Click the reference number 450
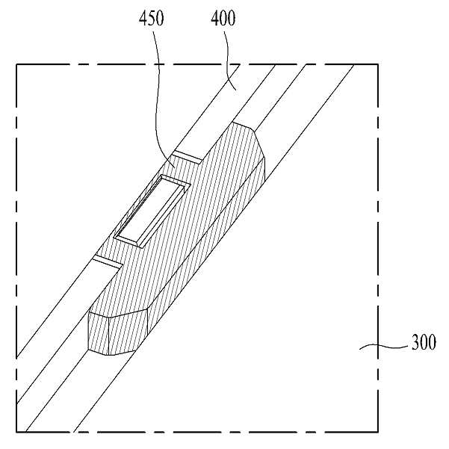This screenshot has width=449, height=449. (x=152, y=19)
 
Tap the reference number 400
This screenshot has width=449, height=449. (x=223, y=19)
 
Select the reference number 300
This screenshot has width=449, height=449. (x=424, y=342)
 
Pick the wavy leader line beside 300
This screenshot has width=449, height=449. (x=384, y=347)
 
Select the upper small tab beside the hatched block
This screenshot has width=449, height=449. (x=187, y=157)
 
